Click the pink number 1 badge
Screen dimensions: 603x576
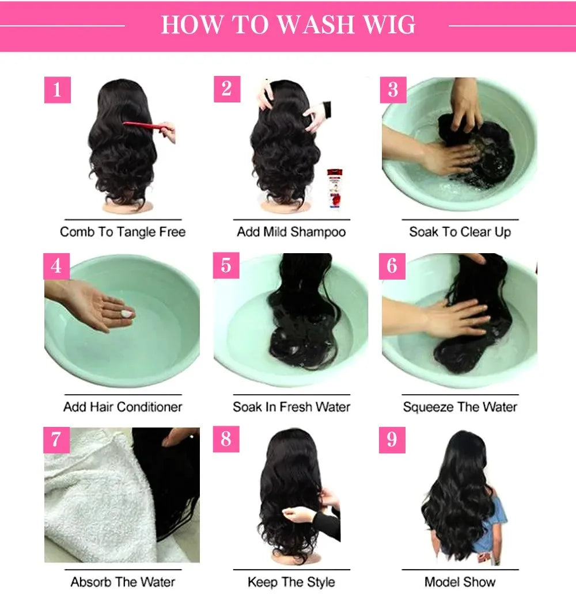click(57, 90)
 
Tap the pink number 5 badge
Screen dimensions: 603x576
click(226, 265)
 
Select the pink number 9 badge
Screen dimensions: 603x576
click(392, 440)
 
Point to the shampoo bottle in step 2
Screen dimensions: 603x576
click(334, 187)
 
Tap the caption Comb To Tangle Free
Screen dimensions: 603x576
click(123, 232)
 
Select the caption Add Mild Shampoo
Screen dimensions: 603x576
click(291, 232)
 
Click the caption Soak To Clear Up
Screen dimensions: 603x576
click(460, 232)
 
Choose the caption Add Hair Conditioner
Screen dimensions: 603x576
click(123, 407)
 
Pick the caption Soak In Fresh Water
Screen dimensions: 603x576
click(291, 407)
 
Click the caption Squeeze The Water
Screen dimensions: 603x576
click(460, 407)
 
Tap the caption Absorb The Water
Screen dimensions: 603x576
click(123, 582)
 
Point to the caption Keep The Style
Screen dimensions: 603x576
click(291, 582)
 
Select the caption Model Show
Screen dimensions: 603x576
click(460, 582)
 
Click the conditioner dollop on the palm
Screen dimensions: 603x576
click(127, 313)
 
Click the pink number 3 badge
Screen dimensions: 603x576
click(393, 90)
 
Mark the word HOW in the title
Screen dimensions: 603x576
click(188, 25)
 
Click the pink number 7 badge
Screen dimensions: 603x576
click(56, 440)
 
